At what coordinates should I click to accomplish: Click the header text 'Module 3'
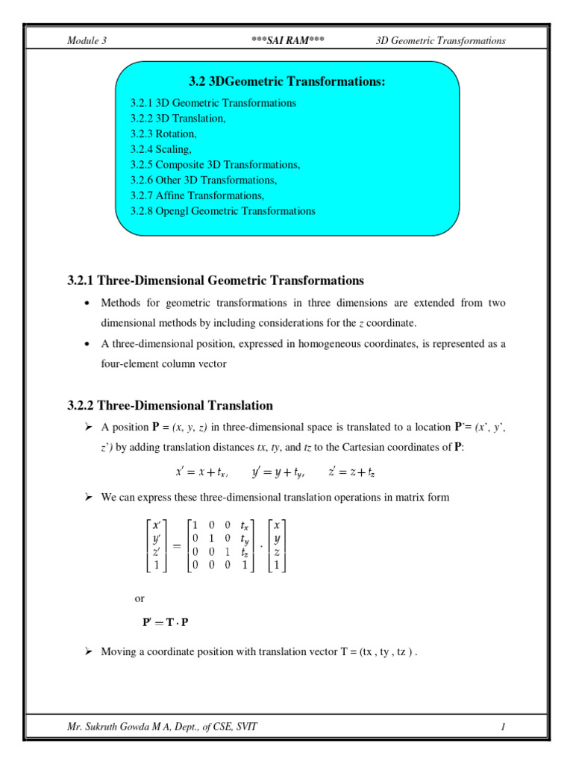click(x=87, y=40)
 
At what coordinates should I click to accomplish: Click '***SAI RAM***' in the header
click(x=288, y=40)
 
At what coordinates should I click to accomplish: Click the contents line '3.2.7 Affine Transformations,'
click(x=197, y=195)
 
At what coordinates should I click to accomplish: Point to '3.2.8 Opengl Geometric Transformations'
click(x=222, y=211)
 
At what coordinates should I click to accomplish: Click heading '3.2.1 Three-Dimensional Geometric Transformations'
click(x=216, y=281)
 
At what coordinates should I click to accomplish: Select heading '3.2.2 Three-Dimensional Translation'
click(x=170, y=405)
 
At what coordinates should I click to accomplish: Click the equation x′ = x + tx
click(x=201, y=472)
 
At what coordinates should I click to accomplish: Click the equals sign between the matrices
click(x=178, y=545)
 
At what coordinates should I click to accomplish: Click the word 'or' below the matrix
click(x=140, y=598)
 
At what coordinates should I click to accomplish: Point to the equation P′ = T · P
click(x=166, y=623)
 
